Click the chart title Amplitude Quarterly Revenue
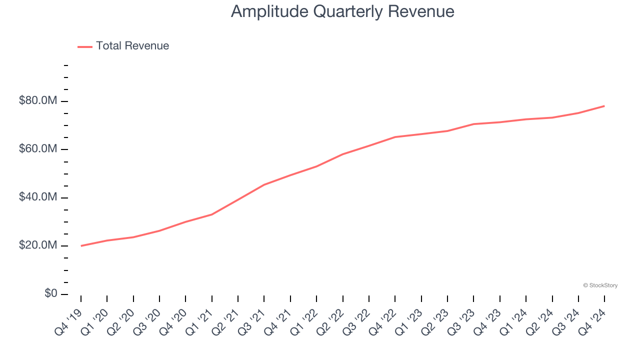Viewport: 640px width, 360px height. [x=342, y=11]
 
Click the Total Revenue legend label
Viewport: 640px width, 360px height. [x=132, y=46]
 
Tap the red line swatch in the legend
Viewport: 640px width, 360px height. [x=85, y=46]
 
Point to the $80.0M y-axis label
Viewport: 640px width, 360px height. [x=38, y=101]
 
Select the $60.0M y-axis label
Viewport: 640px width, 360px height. [x=38, y=149]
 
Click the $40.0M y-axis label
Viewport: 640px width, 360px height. [x=38, y=197]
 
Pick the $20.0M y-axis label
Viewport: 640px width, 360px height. [x=38, y=245]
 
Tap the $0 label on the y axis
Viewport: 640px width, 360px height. [x=51, y=293]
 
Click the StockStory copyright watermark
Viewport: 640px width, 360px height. [x=600, y=285]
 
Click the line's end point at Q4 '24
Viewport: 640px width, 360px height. [x=604, y=106]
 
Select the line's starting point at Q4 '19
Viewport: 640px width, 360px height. [x=81, y=245]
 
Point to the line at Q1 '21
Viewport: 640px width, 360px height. [x=212, y=214]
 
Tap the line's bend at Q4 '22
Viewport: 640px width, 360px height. [x=395, y=137]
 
